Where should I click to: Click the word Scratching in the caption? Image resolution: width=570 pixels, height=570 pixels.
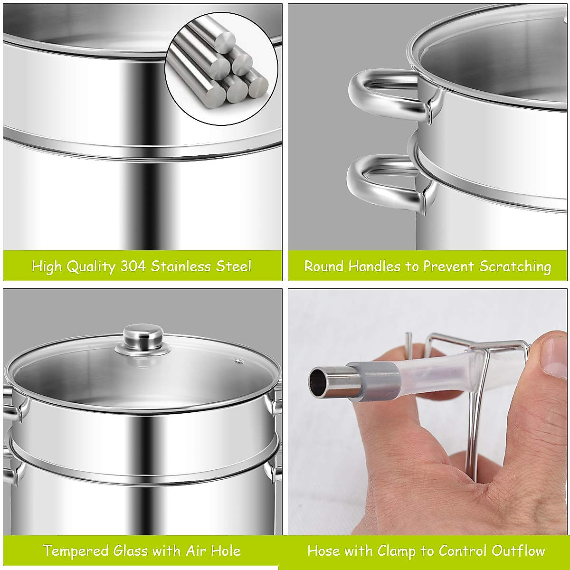click(x=515, y=266)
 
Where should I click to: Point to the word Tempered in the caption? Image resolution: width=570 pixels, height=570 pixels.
click(x=76, y=551)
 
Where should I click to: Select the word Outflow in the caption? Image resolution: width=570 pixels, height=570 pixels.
click(x=518, y=551)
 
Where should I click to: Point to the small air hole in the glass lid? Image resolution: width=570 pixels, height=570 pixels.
click(x=237, y=361)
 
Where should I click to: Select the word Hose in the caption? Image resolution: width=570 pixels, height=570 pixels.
click(x=323, y=551)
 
